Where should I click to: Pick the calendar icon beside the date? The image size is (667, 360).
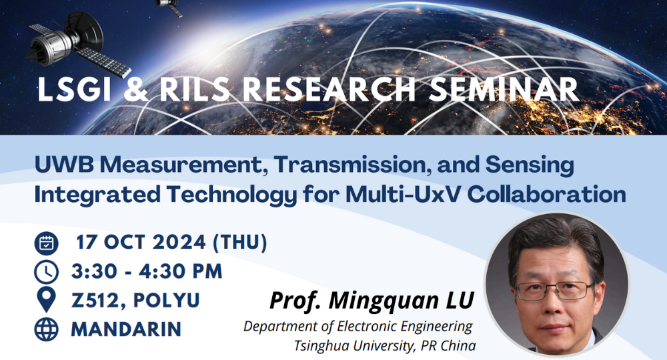pyautogui.click(x=46, y=243)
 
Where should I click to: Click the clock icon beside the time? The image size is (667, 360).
pyautogui.click(x=46, y=272)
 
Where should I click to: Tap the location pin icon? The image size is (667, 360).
pyautogui.click(x=46, y=301)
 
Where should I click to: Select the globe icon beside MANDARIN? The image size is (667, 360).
pyautogui.click(x=46, y=329)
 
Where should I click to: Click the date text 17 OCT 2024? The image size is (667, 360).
pyautogui.click(x=140, y=243)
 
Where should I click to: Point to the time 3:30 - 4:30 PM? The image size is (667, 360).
pyautogui.click(x=147, y=272)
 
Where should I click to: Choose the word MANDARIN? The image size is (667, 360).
pyautogui.click(x=126, y=329)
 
